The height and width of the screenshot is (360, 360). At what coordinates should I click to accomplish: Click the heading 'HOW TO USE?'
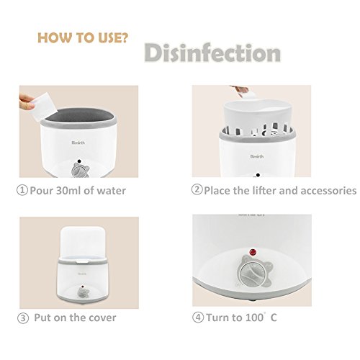(x=83, y=38)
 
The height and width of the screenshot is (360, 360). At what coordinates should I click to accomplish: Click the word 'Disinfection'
(x=212, y=53)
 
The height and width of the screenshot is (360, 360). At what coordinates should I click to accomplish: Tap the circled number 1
(x=22, y=190)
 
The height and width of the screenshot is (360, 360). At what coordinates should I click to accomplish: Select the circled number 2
(x=197, y=189)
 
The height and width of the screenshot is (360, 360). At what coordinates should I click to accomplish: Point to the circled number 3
(x=23, y=318)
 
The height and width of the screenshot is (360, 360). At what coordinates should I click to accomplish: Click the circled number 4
(x=198, y=318)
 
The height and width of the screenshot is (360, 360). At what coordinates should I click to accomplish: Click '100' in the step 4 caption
(x=254, y=318)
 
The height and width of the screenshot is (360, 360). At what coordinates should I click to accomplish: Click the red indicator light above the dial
(x=253, y=252)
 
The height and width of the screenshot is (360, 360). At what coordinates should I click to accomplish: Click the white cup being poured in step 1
(x=44, y=107)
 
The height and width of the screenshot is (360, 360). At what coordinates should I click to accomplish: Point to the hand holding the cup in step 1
(x=26, y=102)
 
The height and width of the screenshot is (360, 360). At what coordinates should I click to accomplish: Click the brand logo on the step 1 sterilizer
(x=78, y=143)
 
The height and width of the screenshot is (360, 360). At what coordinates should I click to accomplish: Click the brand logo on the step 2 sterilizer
(x=257, y=156)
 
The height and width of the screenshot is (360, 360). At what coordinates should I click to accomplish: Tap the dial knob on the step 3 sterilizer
(x=83, y=293)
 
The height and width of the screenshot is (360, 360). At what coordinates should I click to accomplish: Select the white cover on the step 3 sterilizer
(x=83, y=243)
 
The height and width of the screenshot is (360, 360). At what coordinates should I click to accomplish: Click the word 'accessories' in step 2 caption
(x=328, y=191)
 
